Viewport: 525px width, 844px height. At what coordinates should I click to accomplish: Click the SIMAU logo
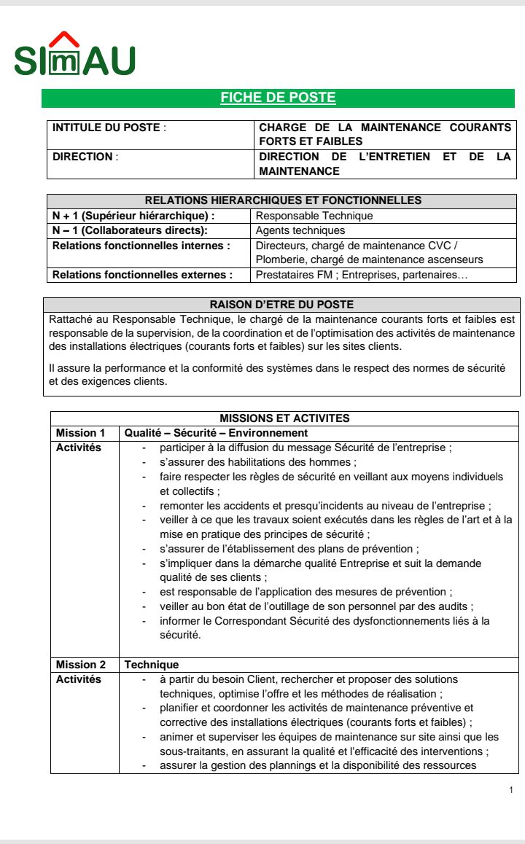tap(74, 56)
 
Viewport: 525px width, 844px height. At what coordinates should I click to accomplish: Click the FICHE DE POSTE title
tap(278, 98)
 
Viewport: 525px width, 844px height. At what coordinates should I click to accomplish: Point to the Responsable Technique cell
tap(314, 216)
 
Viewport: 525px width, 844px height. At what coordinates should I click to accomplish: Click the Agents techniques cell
tap(300, 230)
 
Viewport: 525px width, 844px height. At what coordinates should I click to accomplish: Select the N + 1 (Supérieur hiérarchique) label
tap(133, 216)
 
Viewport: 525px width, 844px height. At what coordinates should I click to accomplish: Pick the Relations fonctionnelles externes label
tap(142, 275)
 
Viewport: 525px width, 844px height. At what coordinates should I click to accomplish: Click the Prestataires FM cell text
tap(362, 275)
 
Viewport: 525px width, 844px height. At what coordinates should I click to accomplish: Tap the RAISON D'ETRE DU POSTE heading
tap(281, 305)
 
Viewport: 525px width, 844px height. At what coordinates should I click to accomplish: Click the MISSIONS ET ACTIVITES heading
tap(284, 418)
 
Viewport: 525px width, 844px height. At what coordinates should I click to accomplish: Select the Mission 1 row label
tap(80, 433)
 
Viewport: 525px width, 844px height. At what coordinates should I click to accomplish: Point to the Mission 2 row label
tap(81, 665)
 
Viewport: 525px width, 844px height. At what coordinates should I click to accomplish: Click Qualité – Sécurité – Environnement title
tap(206, 433)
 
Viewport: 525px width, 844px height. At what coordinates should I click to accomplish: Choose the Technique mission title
tap(152, 665)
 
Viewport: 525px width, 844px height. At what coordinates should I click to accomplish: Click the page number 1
tap(511, 790)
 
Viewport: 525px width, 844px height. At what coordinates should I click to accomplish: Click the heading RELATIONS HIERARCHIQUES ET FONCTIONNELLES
tap(283, 200)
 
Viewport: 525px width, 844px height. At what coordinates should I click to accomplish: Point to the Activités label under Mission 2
tap(79, 679)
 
